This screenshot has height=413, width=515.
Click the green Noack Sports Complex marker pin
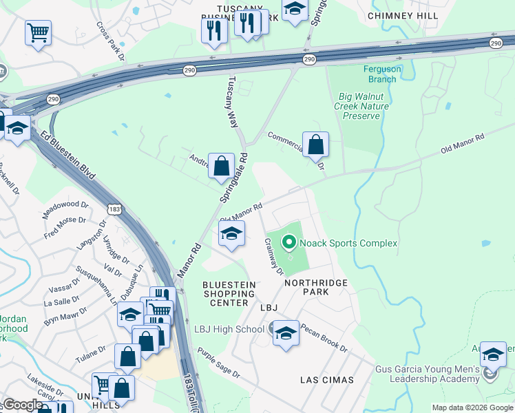click(288, 243)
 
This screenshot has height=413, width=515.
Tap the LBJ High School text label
click(229, 329)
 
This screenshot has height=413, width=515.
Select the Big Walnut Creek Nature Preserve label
click(361, 106)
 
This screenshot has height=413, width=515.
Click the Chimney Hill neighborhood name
click(399, 15)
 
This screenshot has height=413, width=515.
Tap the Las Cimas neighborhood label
click(326, 379)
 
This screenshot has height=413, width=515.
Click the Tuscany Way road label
click(233, 101)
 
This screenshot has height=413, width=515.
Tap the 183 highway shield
click(114, 209)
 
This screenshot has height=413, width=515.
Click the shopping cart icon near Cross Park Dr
click(38, 32)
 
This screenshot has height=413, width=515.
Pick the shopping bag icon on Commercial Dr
click(315, 145)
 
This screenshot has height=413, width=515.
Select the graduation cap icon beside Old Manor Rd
click(232, 235)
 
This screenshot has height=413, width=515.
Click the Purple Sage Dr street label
click(218, 364)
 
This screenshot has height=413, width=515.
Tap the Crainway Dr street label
click(273, 256)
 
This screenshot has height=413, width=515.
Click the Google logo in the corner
click(22, 405)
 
